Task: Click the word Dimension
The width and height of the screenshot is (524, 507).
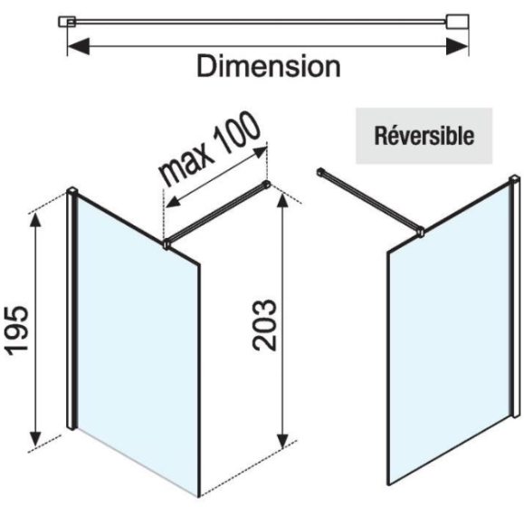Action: (269, 66)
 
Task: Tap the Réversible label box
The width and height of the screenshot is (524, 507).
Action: (424, 136)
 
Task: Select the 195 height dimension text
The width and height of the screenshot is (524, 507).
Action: (16, 330)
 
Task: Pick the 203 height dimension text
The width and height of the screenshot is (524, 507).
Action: (264, 325)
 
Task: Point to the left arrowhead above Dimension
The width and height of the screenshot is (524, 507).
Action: (78, 46)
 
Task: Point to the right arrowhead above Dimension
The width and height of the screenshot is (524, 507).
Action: (457, 46)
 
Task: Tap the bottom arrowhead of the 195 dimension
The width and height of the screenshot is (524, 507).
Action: (36, 438)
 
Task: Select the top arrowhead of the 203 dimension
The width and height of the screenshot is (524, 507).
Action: (282, 200)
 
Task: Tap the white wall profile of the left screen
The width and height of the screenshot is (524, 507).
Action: (71, 308)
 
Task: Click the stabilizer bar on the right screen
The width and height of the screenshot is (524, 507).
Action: (368, 199)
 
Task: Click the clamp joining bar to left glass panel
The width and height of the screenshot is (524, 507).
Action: (166, 244)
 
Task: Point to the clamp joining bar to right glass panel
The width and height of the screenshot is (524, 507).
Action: (420, 232)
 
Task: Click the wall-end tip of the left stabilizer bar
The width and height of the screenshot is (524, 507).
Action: (267, 184)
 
